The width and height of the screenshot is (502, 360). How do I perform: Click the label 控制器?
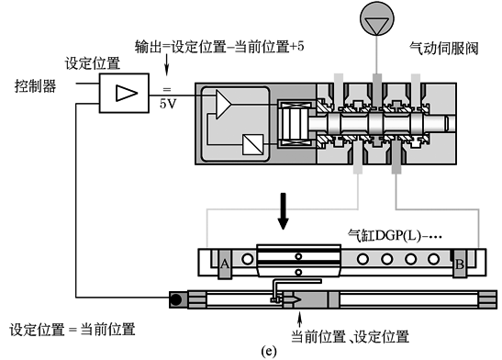pos(35,86)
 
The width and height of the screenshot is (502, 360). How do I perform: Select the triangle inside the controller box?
pos(127,93)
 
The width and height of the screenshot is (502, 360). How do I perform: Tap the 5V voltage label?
pos(168,104)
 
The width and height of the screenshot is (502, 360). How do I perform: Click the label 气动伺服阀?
pos(444,49)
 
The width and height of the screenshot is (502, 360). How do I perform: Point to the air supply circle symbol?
pos(377,18)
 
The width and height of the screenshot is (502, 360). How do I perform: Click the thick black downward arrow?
pos(283,211)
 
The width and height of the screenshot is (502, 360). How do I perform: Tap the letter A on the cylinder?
pos(225,264)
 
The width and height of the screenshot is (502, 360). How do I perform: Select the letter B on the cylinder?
pos(460,264)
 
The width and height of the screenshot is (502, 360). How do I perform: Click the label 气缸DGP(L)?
pos(395,236)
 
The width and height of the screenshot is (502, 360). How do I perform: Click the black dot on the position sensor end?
pos(176,299)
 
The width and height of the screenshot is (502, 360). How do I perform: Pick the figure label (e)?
pos(268,351)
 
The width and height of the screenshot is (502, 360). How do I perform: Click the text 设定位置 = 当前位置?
pos(73,330)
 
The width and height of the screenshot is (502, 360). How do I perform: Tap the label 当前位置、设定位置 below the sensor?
pos(350,336)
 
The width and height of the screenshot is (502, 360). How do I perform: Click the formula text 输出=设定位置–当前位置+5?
pos(219,47)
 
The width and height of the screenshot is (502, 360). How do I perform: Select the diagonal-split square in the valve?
pos(253,144)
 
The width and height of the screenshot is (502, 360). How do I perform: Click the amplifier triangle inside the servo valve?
pos(223,105)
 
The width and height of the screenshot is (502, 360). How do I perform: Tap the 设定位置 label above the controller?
pos(93,63)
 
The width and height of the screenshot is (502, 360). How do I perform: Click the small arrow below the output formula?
pos(166,65)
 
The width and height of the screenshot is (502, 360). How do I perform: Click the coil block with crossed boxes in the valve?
pos(295,124)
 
